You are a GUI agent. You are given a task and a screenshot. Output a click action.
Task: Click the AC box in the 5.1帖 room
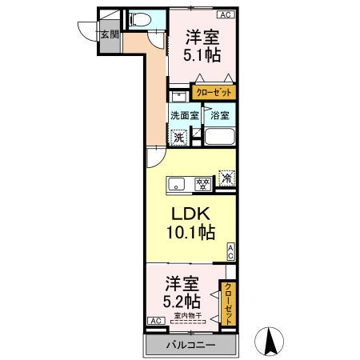tap(227, 14)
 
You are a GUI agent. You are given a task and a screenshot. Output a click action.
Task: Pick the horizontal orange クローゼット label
tap(214, 92)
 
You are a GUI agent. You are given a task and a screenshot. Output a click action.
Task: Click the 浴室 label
tap(219, 115)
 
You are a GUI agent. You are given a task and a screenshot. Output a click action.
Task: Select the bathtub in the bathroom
tap(218, 136)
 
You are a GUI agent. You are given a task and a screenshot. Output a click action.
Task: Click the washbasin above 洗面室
tap(178, 94)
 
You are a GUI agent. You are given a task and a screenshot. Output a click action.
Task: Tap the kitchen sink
tap(175, 183)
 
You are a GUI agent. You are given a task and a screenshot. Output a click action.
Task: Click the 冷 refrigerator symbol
tap(226, 179)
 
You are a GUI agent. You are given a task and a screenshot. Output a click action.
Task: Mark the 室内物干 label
tap(189, 317)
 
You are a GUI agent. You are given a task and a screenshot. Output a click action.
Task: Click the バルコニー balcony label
tap(190, 345)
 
